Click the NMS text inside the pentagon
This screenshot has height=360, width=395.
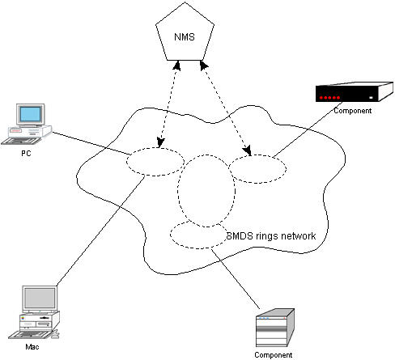pos(185,37)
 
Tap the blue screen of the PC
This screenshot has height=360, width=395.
pos(30,114)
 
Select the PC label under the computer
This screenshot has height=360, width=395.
pos(26,153)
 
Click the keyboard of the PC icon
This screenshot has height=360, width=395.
pos(21,141)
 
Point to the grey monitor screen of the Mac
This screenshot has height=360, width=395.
pos(40,299)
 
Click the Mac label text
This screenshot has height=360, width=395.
pos(32,346)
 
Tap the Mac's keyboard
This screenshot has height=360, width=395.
pos(30,334)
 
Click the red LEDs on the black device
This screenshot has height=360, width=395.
pos(329,98)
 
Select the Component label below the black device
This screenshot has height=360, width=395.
pos(353,111)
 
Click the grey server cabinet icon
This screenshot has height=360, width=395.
pos(275,328)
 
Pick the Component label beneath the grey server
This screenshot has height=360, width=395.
pos(273,354)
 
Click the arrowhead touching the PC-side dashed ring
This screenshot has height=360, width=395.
pos(160,142)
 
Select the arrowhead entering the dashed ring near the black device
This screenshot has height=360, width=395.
pos(247,150)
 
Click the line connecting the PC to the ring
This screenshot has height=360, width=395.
pos(91,143)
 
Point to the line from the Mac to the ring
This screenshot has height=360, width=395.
pos(100,231)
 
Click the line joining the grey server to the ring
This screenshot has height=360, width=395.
pos(236,279)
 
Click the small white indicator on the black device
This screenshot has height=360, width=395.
pos(371,98)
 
